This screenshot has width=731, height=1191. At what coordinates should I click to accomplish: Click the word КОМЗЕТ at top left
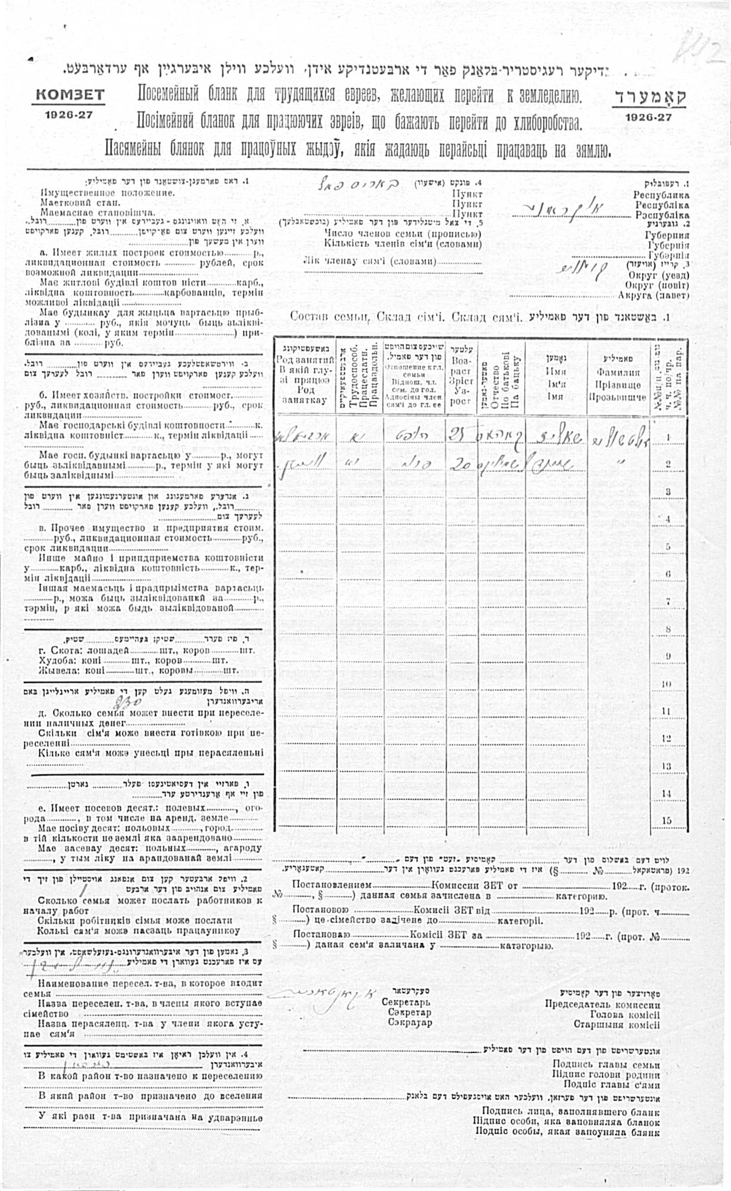pos(69,95)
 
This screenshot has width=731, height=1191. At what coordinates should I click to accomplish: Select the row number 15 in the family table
pos(667,820)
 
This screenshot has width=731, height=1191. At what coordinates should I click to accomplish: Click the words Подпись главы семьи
pos(606,1064)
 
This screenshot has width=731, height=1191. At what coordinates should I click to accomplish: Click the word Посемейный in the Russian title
pos(168,95)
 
